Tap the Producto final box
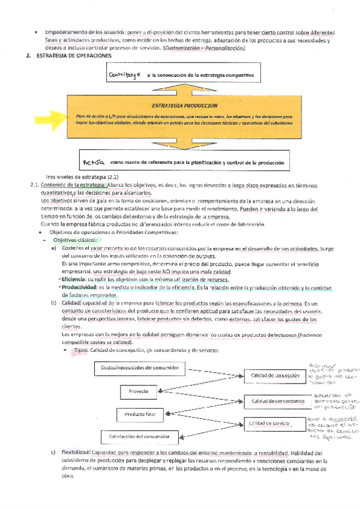point(140,414)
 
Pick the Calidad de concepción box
point(274,375)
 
